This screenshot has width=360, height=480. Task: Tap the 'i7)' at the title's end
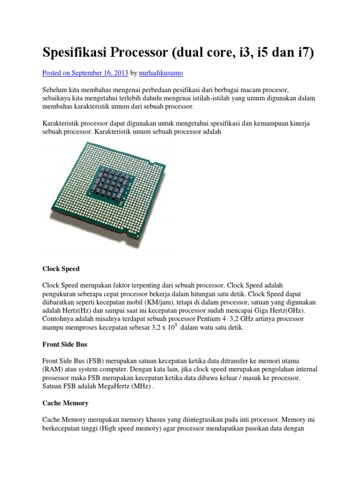[x=304, y=52]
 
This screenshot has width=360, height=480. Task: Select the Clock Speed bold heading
[x=61, y=269]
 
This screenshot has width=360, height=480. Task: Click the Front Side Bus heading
[x=65, y=344]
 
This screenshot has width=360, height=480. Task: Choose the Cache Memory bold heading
[x=65, y=403]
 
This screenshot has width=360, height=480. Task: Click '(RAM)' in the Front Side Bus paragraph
[x=52, y=369]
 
